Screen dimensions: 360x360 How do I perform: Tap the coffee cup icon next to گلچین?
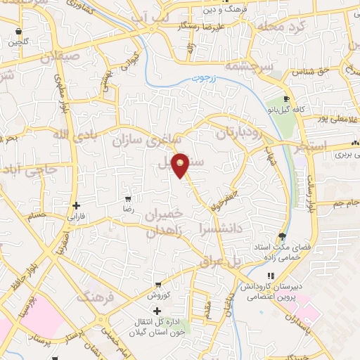(x=18, y=32)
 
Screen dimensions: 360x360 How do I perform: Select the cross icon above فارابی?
(x=76, y=205)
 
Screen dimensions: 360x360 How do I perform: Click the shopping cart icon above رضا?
(x=127, y=200)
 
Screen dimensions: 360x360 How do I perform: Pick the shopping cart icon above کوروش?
(x=161, y=285)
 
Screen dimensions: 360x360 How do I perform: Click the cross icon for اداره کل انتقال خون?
(x=156, y=311)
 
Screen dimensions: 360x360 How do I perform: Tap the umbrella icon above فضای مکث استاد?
(x=283, y=236)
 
